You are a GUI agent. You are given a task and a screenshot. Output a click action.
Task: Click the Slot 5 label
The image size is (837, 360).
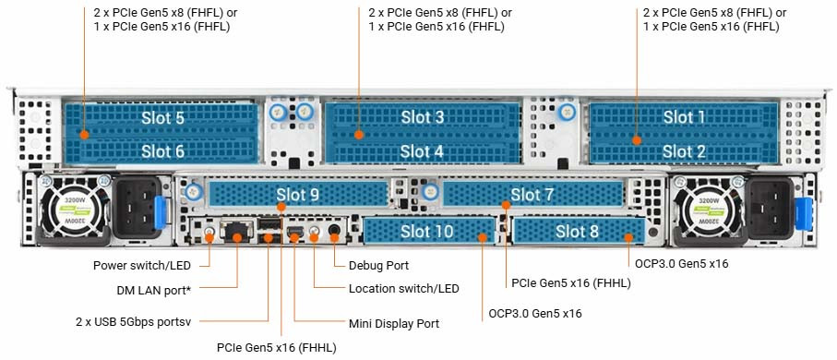click(162, 118)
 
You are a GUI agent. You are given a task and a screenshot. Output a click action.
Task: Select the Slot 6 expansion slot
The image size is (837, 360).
click(162, 150)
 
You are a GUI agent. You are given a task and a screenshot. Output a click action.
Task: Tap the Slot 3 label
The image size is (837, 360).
click(422, 117)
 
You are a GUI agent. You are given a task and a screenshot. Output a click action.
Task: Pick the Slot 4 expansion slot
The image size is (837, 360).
click(422, 150)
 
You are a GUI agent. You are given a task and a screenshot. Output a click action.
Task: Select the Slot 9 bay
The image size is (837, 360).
click(297, 194)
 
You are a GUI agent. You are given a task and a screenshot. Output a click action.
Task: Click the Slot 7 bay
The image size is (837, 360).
click(532, 194)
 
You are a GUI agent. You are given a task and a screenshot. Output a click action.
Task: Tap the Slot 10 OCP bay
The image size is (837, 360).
click(426, 231)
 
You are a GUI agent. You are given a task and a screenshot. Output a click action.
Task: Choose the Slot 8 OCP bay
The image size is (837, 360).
click(578, 231)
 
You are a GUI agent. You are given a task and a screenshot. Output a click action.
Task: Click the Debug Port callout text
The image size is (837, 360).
click(378, 266)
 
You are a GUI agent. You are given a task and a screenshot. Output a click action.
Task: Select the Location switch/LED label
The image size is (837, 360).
click(403, 289)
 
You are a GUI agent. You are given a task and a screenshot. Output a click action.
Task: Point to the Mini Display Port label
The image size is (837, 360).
click(393, 324)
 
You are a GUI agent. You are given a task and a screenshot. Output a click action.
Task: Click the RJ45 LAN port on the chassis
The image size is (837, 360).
click(238, 231)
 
